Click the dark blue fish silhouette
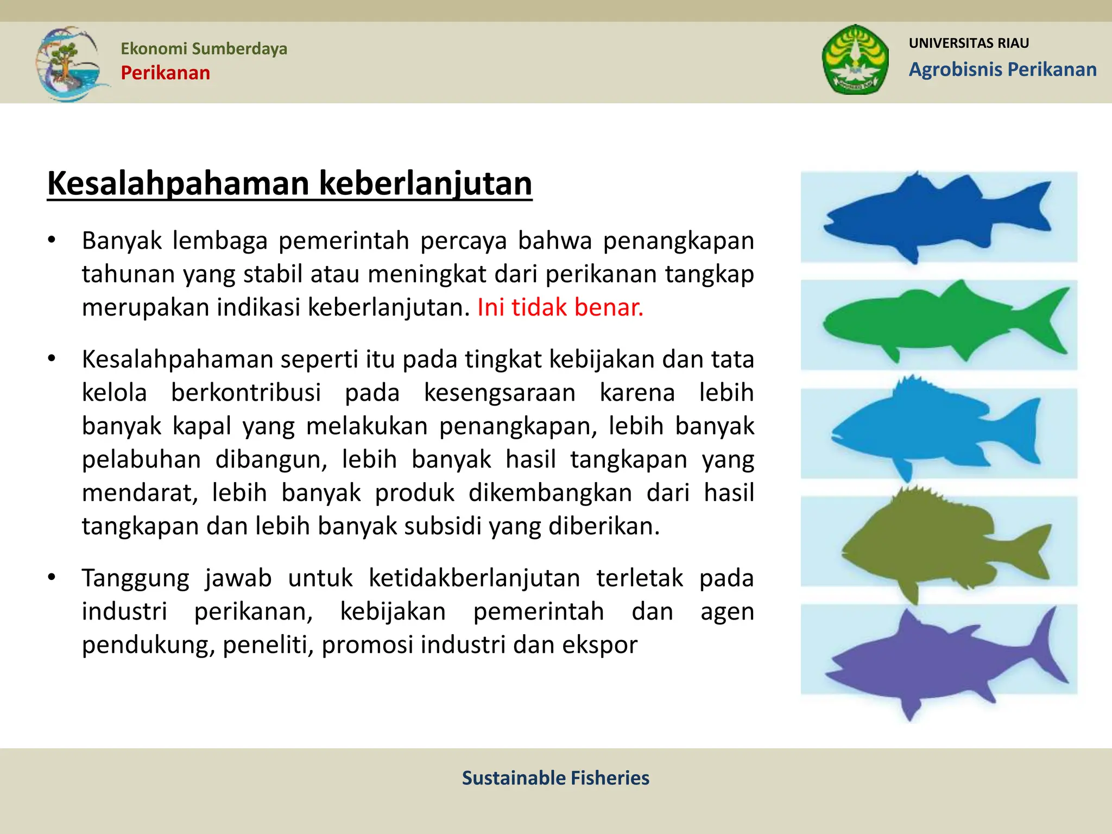click(x=923, y=217)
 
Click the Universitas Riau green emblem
click(x=855, y=60)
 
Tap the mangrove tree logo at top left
click(x=68, y=64)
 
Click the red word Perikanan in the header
click(x=165, y=73)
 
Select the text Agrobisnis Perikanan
click(x=1002, y=69)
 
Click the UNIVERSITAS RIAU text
click(x=969, y=43)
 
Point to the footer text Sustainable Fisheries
click(x=555, y=778)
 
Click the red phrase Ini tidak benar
click(x=560, y=307)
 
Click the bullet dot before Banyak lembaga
click(x=52, y=240)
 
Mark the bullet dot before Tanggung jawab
click(x=52, y=577)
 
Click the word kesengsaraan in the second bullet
click(x=499, y=393)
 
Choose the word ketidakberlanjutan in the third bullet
click(x=475, y=578)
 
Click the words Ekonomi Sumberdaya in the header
click(x=204, y=48)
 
